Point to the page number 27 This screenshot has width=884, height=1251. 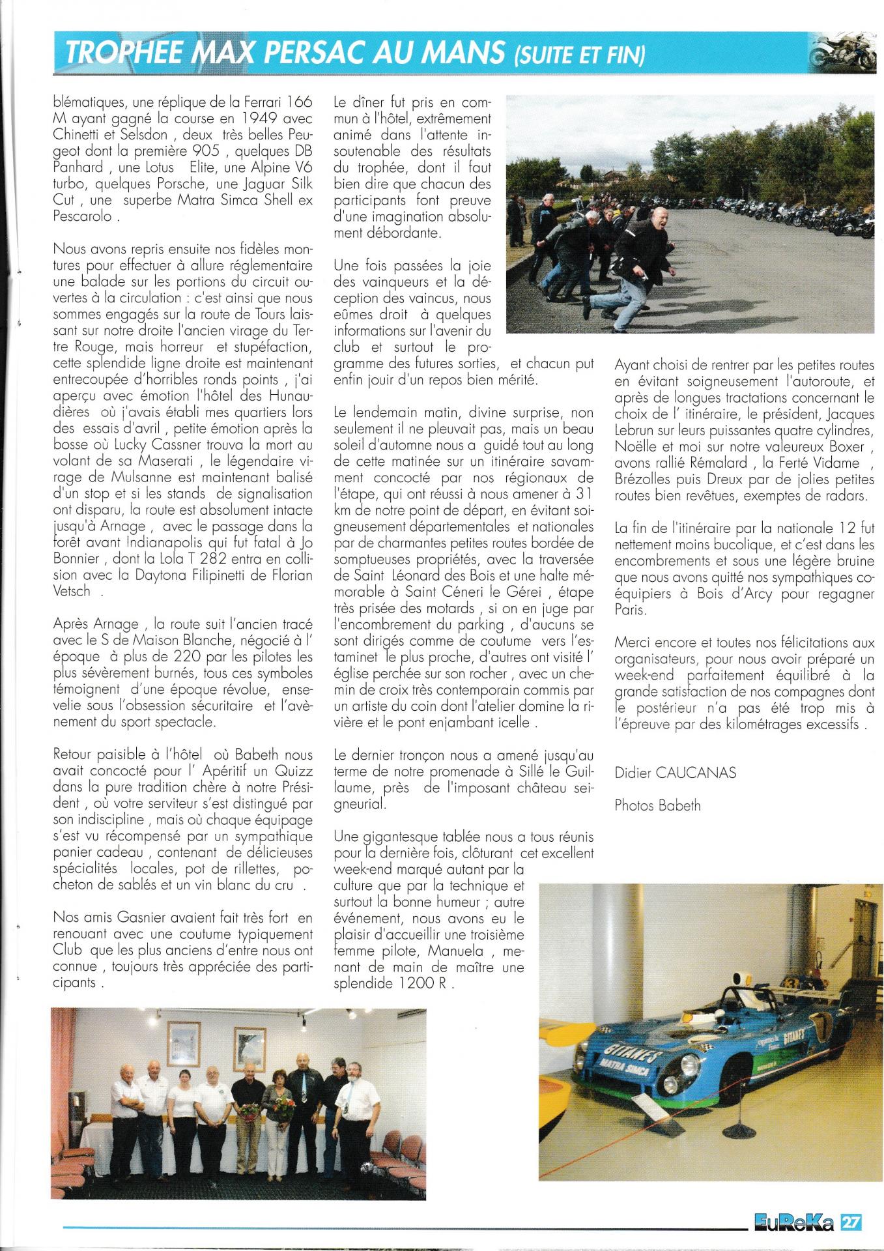[x=851, y=1222]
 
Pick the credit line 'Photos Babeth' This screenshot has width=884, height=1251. [x=657, y=805]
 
